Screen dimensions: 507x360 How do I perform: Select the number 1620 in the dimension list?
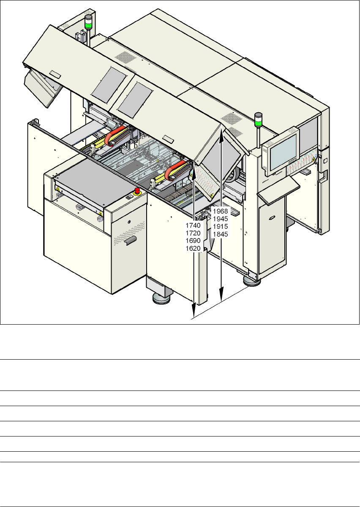click(194, 249)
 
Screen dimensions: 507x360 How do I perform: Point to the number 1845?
click(220, 234)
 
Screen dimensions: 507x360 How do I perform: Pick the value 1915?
click(220, 226)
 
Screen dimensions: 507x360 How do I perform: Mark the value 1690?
click(194, 241)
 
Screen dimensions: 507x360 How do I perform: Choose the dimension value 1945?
click(220, 219)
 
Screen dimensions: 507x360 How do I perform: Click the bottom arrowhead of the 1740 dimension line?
click(194, 315)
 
